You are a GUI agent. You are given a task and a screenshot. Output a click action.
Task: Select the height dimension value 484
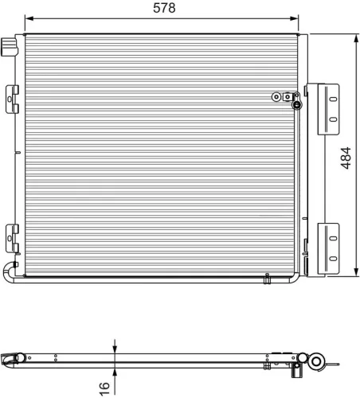346,158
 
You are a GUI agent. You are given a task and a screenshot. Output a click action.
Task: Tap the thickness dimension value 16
104,386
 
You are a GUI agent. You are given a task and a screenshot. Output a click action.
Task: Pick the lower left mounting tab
12,236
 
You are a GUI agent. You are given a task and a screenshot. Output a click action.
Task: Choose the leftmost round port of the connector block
276,96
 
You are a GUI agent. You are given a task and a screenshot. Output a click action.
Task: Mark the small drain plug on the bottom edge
268,279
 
